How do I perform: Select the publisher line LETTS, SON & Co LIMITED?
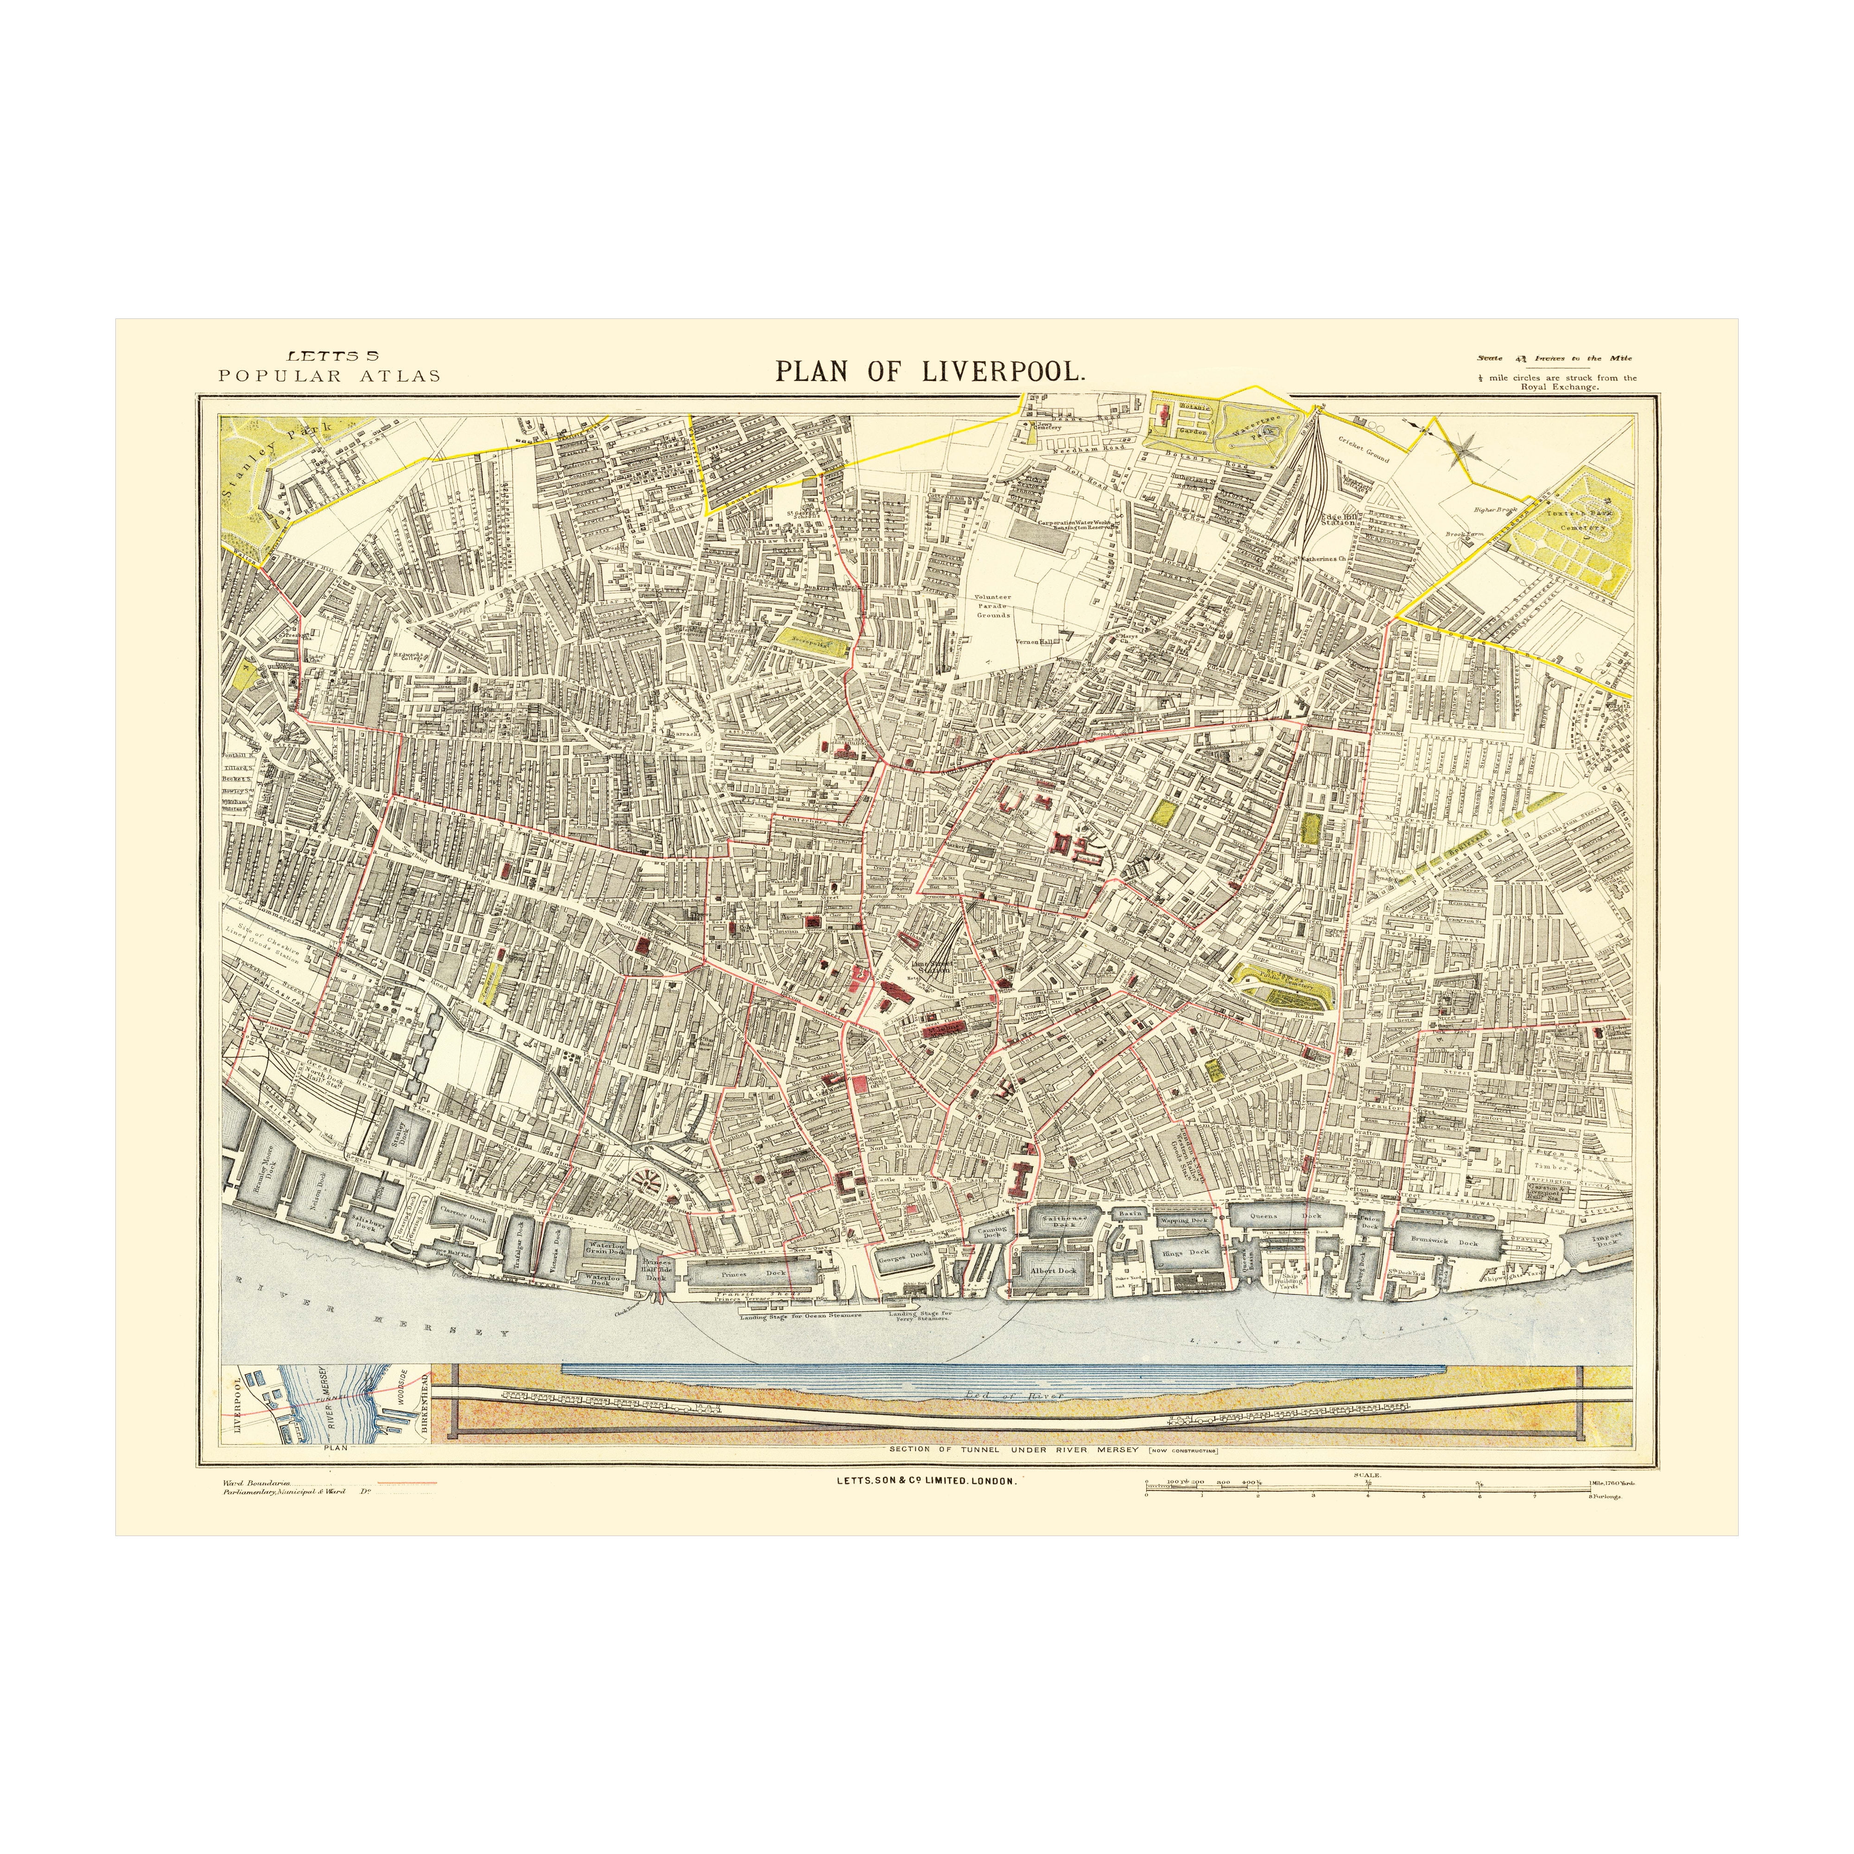(x=926, y=1482)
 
